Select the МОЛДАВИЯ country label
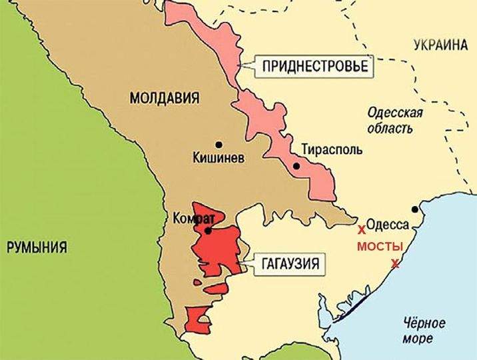tap(164, 99)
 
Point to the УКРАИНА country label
tap(440, 45)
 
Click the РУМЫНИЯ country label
tap(37, 247)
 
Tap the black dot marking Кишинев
tap(218, 144)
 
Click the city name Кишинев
tap(218, 159)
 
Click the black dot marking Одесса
tap(415, 209)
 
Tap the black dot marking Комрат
tap(209, 231)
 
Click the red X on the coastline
tap(395, 263)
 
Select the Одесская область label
tap(395, 121)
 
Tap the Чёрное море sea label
tap(424, 331)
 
